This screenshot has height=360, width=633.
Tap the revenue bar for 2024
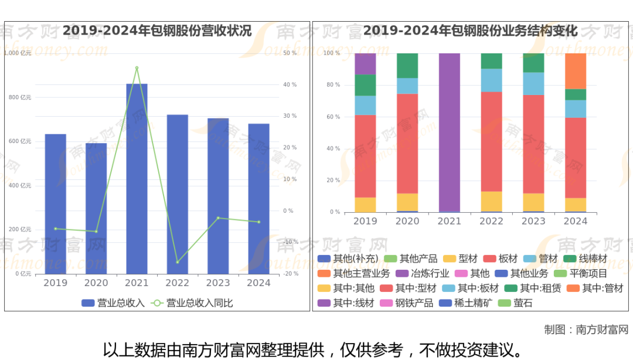258,199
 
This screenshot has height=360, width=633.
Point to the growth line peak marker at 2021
137,68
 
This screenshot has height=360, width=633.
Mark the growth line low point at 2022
178,262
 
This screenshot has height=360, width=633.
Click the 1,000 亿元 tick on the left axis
18,53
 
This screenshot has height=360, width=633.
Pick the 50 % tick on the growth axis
290,53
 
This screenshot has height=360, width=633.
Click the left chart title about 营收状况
157,30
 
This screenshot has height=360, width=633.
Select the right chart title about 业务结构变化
471,30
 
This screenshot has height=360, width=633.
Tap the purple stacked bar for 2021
450,132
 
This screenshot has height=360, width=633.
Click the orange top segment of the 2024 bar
576,71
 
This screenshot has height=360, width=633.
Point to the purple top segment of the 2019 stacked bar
365,64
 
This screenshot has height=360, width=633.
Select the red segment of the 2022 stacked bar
492,141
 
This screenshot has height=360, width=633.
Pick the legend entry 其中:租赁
533,288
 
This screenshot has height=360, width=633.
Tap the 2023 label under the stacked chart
533,221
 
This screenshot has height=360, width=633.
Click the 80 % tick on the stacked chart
333,85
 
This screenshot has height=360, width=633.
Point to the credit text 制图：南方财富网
586,330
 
